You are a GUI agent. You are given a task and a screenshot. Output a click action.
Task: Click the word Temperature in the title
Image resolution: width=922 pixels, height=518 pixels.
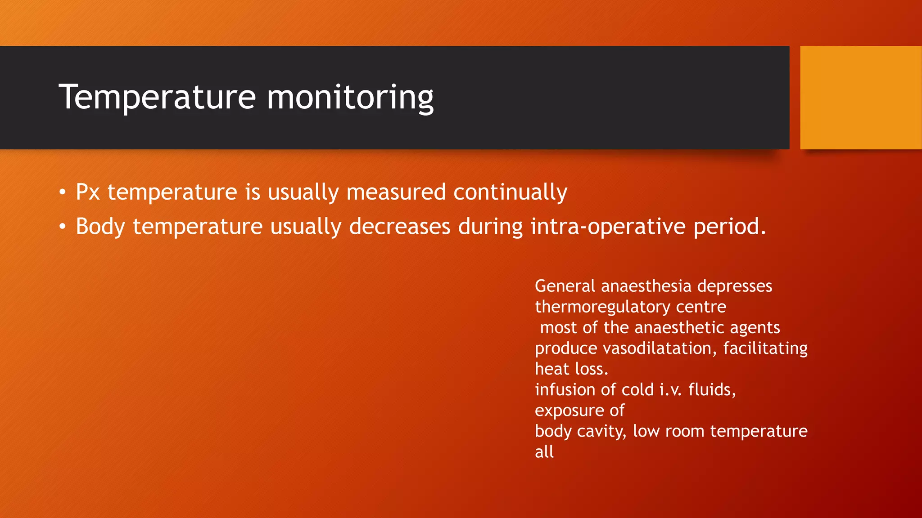point(157,97)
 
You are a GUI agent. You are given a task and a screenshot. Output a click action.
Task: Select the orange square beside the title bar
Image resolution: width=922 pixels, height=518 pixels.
point(860,98)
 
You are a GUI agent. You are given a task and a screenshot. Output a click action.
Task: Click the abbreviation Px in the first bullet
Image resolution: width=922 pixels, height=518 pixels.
point(87,192)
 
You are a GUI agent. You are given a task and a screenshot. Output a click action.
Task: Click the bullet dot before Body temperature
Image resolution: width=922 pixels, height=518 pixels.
point(63,227)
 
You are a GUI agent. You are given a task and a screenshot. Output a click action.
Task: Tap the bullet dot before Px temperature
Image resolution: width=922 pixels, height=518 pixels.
point(63,192)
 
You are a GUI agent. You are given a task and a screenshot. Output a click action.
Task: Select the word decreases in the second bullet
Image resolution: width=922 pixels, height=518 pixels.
point(399,226)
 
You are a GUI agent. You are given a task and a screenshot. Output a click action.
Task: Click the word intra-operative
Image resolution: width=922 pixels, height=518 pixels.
point(608,227)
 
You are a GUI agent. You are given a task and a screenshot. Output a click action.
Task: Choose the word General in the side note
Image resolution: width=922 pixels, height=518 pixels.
point(565,286)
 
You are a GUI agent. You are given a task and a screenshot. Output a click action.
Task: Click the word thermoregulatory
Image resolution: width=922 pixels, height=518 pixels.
point(602,307)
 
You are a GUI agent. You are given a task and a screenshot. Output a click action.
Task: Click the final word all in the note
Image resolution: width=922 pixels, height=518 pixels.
point(544,452)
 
